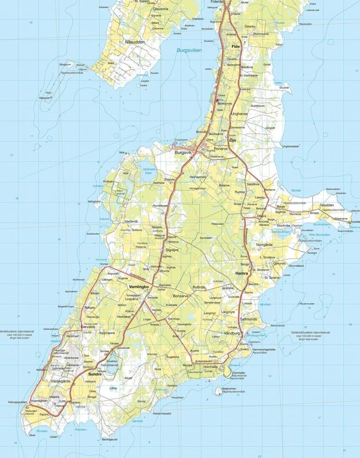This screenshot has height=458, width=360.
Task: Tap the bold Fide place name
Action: (236, 47)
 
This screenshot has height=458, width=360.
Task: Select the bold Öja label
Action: (232, 140)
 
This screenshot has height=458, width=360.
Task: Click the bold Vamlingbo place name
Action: (139, 286)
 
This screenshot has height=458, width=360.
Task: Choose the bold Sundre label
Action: (95, 373)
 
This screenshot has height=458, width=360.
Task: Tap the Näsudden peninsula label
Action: (134, 42)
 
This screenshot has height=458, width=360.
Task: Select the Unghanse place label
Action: (241, 114)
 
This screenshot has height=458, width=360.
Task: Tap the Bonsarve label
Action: (180, 296)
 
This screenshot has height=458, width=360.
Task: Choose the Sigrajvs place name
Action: (172, 251)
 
